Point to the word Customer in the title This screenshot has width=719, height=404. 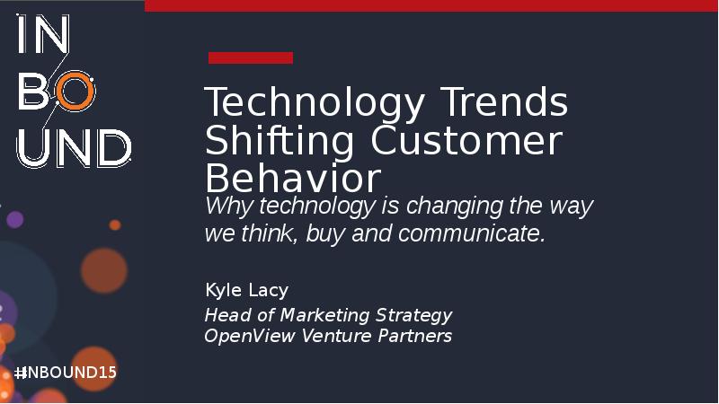coord(466,141)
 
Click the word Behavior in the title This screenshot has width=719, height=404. coord(293,177)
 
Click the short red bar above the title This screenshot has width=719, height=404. coord(251,58)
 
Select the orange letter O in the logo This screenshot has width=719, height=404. coord(75,92)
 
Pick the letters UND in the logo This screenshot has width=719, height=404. coord(74,147)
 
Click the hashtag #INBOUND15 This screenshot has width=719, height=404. coord(66,373)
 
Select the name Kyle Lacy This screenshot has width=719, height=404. coord(246,290)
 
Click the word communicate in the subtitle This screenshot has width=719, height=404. coord(471,234)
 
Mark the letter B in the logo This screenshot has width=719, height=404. coord(35,92)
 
